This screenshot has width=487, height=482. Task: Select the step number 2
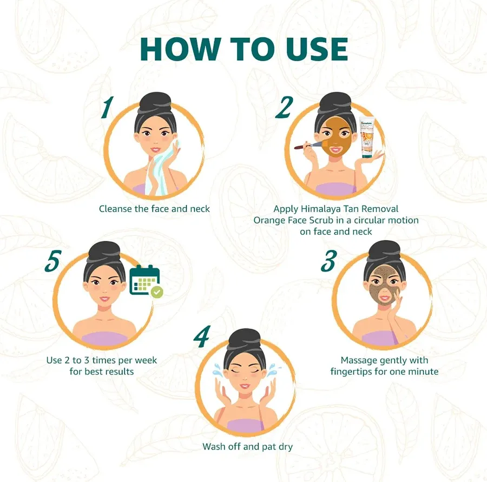[x=285, y=107]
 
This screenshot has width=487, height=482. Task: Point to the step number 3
[x=329, y=261]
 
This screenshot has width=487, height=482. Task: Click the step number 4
[x=202, y=336]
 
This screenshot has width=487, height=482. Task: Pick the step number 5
[x=52, y=261]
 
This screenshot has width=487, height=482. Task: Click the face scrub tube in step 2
[x=367, y=137]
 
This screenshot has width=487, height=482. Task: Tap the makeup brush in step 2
[x=310, y=145]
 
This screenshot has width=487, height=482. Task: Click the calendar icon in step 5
[x=144, y=280]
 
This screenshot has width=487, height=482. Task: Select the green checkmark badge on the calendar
[x=157, y=292]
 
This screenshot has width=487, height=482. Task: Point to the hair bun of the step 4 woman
[x=245, y=339]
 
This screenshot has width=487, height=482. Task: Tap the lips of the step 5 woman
[x=104, y=299]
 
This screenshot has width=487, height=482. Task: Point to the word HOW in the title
[x=179, y=49]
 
